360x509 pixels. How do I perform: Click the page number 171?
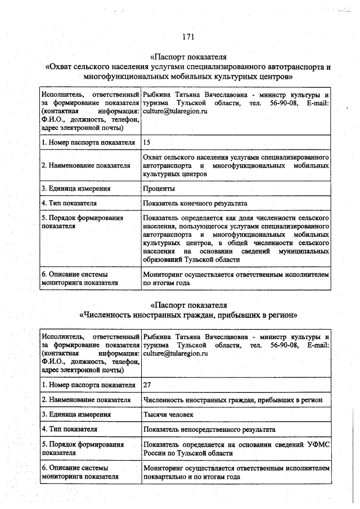(x=188, y=37)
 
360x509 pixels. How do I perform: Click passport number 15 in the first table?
(x=147, y=142)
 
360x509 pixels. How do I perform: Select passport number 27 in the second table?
(x=147, y=385)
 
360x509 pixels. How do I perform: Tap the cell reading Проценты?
(x=159, y=188)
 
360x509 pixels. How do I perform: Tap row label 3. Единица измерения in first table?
(x=76, y=188)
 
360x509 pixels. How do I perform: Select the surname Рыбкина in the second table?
(x=157, y=337)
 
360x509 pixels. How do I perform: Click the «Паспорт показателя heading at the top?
(x=188, y=57)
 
